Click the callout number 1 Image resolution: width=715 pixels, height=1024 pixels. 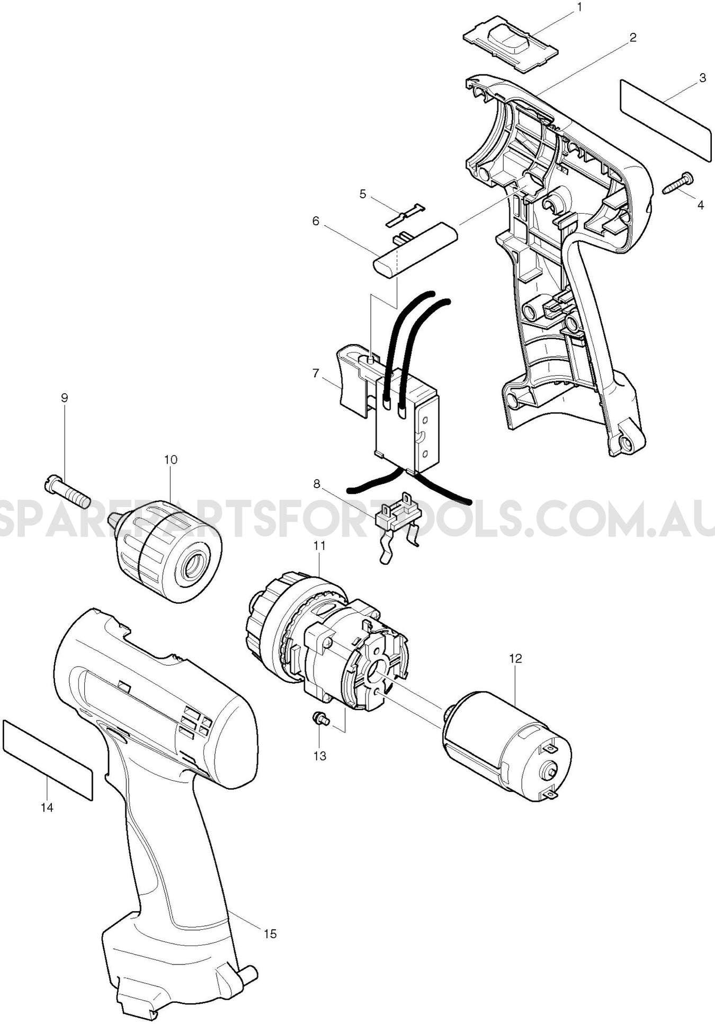[x=579, y=7]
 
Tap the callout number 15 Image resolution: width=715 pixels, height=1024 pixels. [x=270, y=933]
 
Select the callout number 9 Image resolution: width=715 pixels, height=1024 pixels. [x=65, y=398]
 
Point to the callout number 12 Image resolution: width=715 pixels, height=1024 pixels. [x=515, y=658]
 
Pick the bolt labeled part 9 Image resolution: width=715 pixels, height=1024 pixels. [x=68, y=492]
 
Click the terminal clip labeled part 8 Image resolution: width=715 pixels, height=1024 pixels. [x=397, y=525]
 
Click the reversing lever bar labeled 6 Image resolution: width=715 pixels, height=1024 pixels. [x=416, y=248]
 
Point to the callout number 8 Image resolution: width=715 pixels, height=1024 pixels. [x=317, y=483]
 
